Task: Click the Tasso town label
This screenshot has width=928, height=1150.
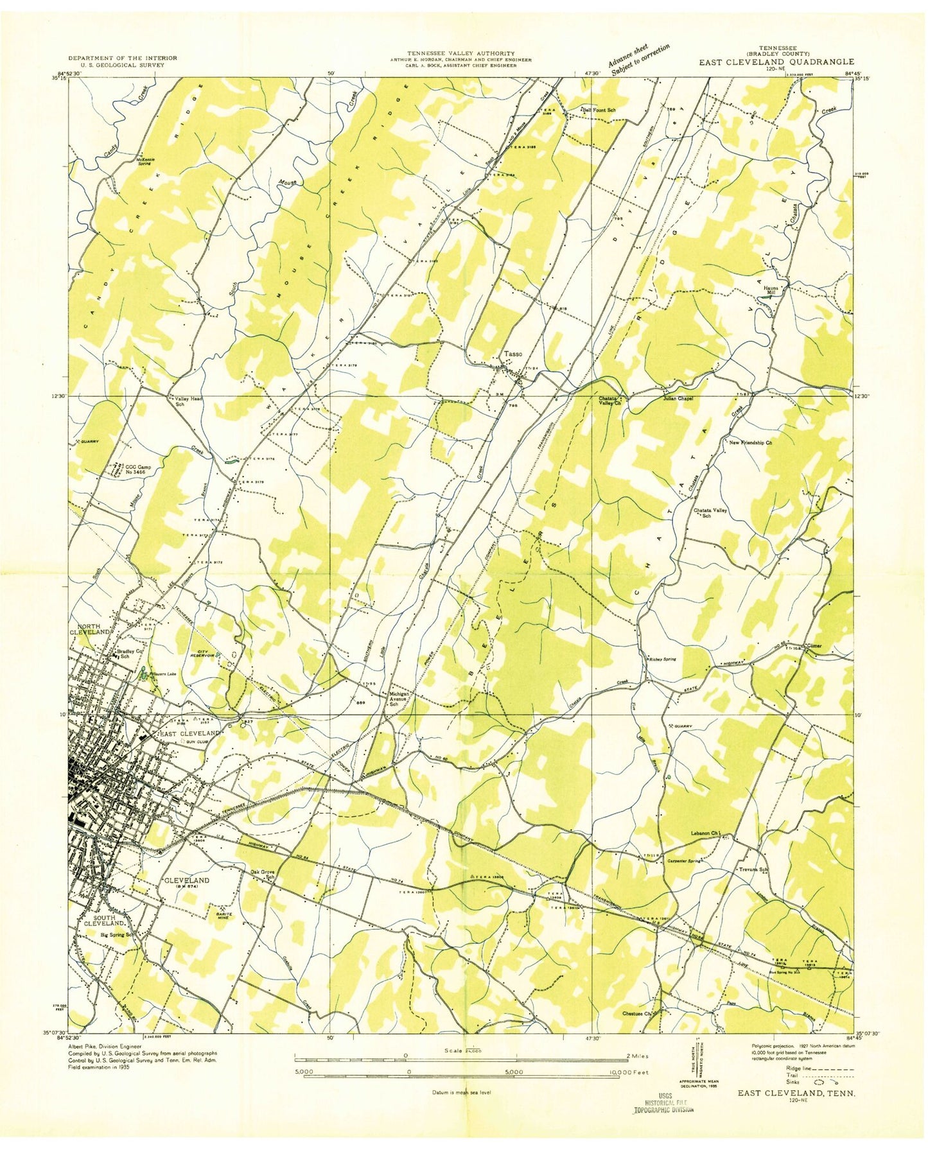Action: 513,354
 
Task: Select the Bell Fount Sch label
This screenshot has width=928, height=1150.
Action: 599,110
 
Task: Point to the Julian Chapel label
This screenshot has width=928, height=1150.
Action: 678,398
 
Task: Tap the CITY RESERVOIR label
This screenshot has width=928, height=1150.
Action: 201,656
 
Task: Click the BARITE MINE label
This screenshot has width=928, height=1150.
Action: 225,916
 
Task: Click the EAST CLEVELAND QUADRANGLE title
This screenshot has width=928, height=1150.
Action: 777,62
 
